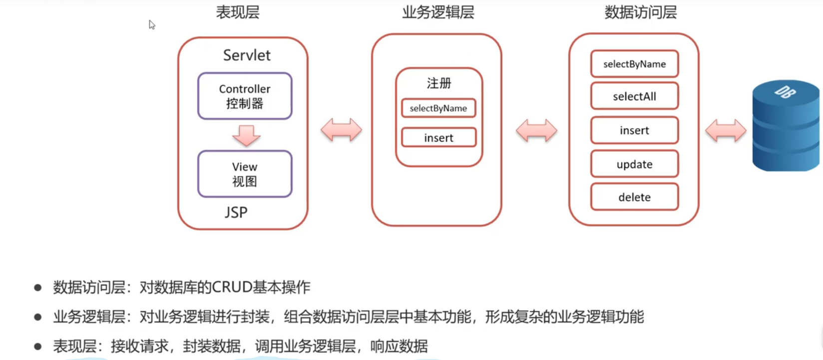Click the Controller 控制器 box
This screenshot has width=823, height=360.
(245, 96)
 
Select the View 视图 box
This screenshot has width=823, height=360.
(245, 174)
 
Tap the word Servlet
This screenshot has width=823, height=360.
(247, 55)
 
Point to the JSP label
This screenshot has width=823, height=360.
(236, 212)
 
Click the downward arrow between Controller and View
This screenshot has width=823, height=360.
(246, 135)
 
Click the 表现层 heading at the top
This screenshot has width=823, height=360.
(238, 12)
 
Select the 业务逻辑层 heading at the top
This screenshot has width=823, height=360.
(438, 12)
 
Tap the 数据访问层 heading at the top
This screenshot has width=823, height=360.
(641, 12)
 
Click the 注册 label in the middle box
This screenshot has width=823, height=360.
(439, 83)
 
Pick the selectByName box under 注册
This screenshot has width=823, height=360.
(438, 108)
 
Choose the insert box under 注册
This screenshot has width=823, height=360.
(438, 138)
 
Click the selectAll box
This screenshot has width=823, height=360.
(634, 96)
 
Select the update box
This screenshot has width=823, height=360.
(634, 164)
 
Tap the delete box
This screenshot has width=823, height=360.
(634, 197)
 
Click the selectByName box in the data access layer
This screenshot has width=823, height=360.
(634, 64)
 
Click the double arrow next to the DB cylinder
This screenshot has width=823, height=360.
(726, 130)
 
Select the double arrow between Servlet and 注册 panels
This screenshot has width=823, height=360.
(341, 130)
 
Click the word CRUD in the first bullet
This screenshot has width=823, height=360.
(232, 287)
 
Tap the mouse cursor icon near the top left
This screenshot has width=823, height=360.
(152, 24)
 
